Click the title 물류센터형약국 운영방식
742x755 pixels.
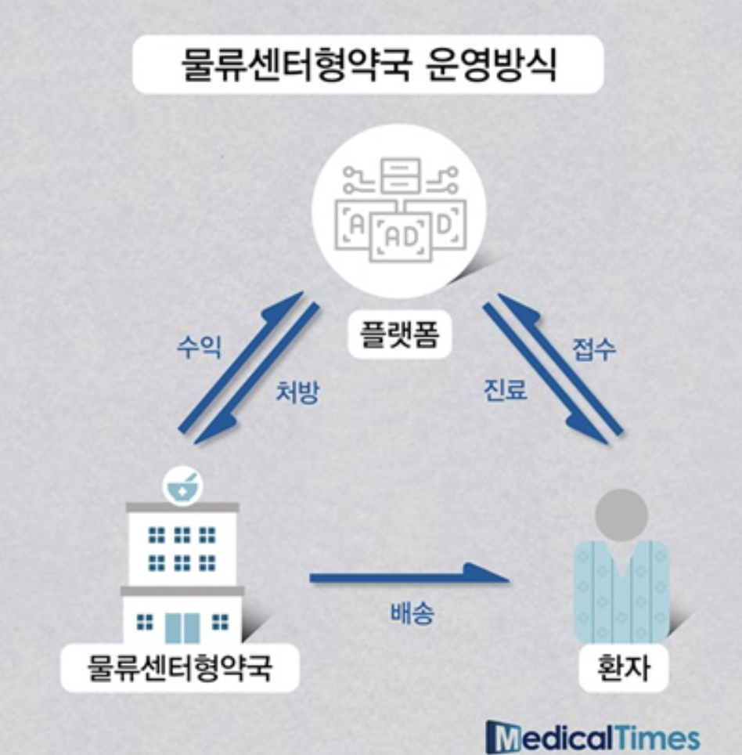click(368, 66)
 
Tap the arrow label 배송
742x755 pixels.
click(412, 613)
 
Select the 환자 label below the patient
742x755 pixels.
click(624, 669)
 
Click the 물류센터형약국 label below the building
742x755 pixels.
click(180, 668)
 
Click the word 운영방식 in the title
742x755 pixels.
click(493, 66)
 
